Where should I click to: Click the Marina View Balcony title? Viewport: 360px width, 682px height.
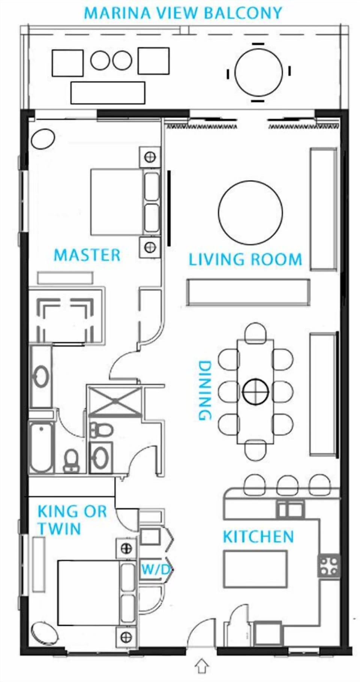click(183, 13)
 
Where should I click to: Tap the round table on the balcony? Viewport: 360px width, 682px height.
click(259, 72)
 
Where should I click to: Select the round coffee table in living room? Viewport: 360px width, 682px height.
click(250, 213)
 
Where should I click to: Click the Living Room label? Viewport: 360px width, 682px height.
click(245, 259)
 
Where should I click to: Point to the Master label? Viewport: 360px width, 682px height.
click(87, 255)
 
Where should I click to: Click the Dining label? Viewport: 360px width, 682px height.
click(205, 390)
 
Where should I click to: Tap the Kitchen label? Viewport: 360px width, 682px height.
click(258, 537)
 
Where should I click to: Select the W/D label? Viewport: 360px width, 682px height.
click(156, 570)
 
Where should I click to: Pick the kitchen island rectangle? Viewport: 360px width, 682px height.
click(255, 569)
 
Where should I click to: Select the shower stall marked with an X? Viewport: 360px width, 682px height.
click(115, 401)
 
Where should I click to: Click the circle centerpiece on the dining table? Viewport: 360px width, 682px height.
click(256, 392)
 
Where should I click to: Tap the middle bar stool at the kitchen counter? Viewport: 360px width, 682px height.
click(288, 486)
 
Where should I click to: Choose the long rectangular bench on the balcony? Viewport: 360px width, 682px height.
click(108, 93)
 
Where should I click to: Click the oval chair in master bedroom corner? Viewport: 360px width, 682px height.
click(43, 139)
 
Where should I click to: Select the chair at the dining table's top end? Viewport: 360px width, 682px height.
click(255, 332)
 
